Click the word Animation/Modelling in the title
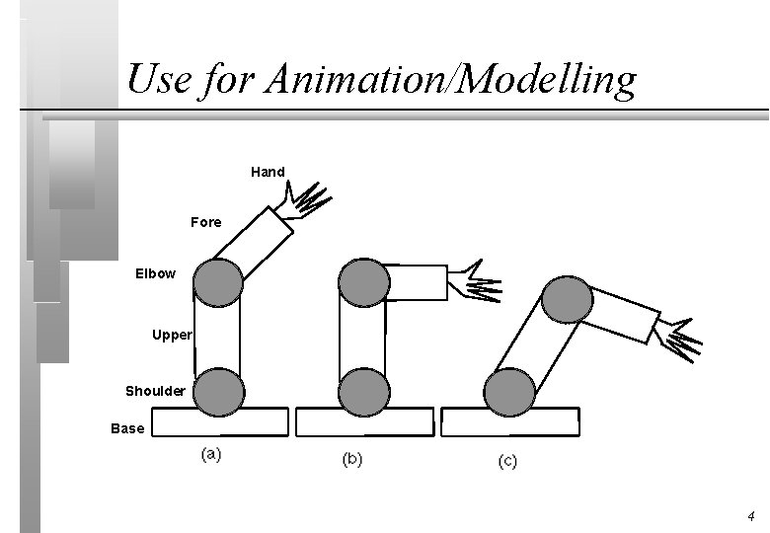448,79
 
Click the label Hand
268,172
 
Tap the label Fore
206,222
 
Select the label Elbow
155,273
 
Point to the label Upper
172,335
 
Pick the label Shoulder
155,391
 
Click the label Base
127,428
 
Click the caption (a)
210,455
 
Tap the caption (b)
352,459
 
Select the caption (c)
507,461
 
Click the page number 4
750,516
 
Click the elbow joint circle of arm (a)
217,282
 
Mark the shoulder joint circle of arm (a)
217,392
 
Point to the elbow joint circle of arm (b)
363,282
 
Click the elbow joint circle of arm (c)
568,298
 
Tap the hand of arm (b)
475,281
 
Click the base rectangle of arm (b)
365,422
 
